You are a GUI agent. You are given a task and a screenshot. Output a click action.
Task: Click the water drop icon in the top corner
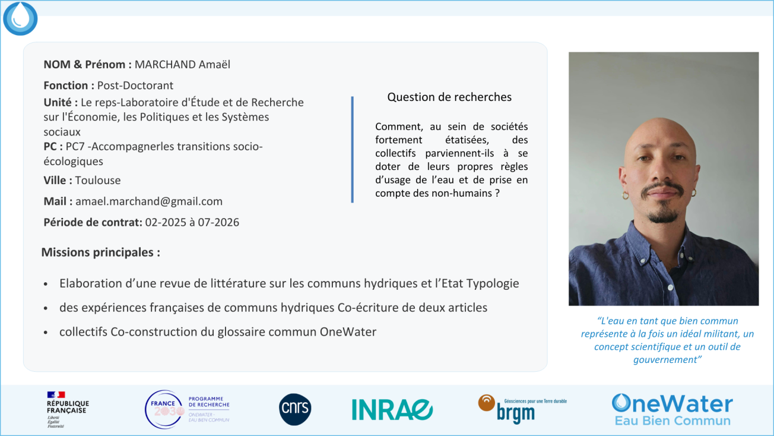pos(20,18)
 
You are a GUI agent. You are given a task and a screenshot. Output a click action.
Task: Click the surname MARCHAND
pos(165,65)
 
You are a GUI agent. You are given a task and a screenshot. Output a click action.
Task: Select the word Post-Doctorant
pos(135,86)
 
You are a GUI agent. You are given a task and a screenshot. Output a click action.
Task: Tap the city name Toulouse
pos(98,180)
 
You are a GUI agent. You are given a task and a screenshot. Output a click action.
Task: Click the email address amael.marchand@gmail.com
pos(149,201)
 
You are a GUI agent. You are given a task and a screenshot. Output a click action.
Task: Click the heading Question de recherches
pos(449,97)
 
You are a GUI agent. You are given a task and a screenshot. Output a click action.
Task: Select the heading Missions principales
pos(100,252)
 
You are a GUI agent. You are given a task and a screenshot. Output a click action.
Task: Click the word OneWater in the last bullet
pos(348,332)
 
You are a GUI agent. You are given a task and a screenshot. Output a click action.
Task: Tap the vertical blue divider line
pos(352,149)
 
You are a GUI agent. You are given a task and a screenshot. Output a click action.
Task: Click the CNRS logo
pos(295,409)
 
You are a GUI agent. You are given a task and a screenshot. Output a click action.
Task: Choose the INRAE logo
pos(392,410)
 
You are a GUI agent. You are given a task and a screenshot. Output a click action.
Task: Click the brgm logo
pos(522,409)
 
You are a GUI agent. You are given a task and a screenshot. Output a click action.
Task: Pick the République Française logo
pos(68,410)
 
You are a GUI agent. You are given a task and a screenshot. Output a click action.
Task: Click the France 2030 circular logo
pos(164,409)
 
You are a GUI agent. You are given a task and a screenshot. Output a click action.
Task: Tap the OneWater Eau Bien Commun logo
pos(672,410)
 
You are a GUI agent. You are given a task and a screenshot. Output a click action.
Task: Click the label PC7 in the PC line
pos(75,147)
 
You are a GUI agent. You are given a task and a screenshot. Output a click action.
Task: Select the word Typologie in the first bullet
pos(493,283)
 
